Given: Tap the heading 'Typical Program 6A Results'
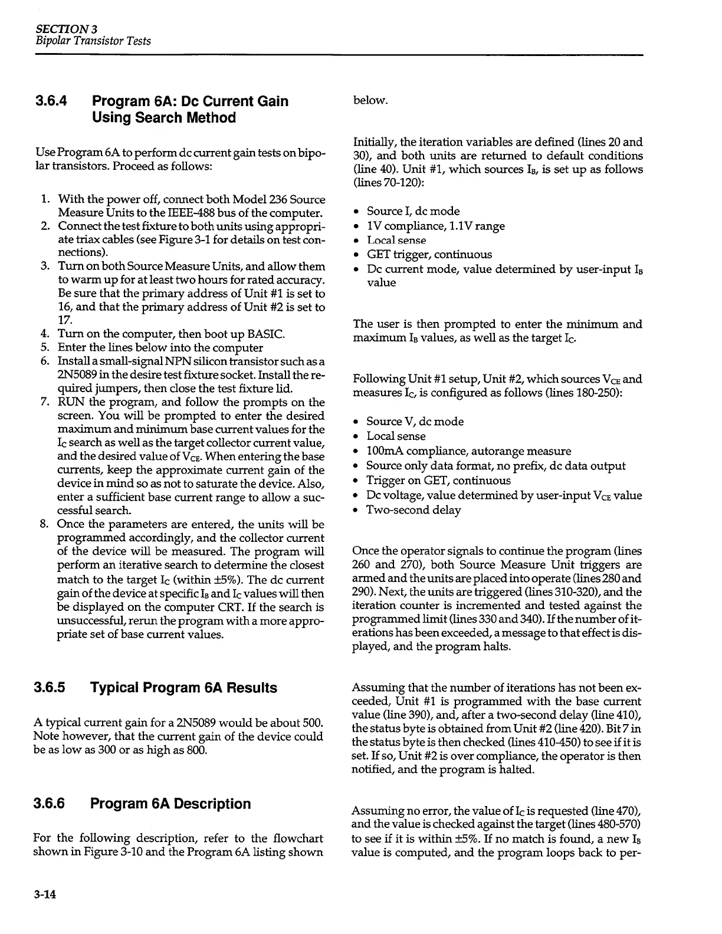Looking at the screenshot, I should pyautogui.click(x=183, y=688).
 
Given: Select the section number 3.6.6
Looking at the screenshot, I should pyautogui.click(x=50, y=804).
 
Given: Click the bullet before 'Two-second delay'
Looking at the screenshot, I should pyautogui.click(x=356, y=511).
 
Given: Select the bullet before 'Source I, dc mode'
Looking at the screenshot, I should pyautogui.click(x=356, y=212).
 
